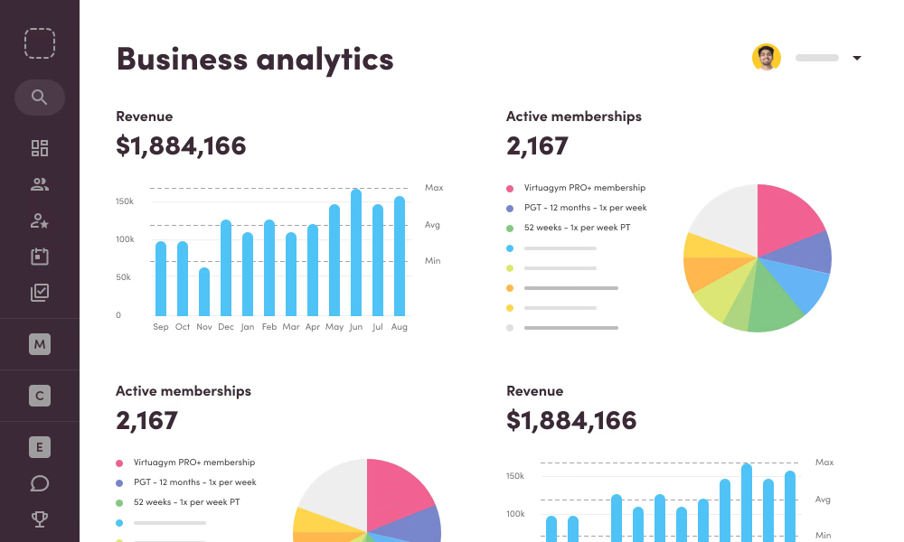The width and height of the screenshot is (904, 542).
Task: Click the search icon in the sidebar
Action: [x=39, y=98]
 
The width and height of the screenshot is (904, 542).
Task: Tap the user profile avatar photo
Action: [x=767, y=58]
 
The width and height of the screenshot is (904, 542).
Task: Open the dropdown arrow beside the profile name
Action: [x=857, y=59]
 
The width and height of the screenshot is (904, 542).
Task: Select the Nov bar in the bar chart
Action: [x=204, y=291]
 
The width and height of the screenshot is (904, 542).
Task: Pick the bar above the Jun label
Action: [x=356, y=253]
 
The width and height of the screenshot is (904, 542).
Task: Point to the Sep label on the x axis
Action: [x=161, y=327]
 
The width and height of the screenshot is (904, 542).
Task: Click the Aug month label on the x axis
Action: [x=399, y=327]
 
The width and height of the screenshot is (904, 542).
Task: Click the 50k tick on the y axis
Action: [x=124, y=277]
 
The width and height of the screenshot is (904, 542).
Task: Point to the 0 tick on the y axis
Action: [x=118, y=315]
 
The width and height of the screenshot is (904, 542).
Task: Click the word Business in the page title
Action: [x=182, y=59]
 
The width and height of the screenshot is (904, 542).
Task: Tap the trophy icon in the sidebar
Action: [x=39, y=519]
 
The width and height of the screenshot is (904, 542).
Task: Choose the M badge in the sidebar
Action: [x=39, y=344]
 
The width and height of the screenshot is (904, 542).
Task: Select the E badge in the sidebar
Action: [x=39, y=447]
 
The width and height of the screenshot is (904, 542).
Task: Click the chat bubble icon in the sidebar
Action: [x=39, y=483]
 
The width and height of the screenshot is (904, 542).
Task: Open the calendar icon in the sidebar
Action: [x=39, y=257]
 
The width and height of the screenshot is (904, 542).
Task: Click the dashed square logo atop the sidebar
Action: [x=40, y=43]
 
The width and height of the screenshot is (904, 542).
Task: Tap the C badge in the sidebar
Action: [x=39, y=396]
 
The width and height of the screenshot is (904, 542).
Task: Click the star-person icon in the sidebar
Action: [x=39, y=220]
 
